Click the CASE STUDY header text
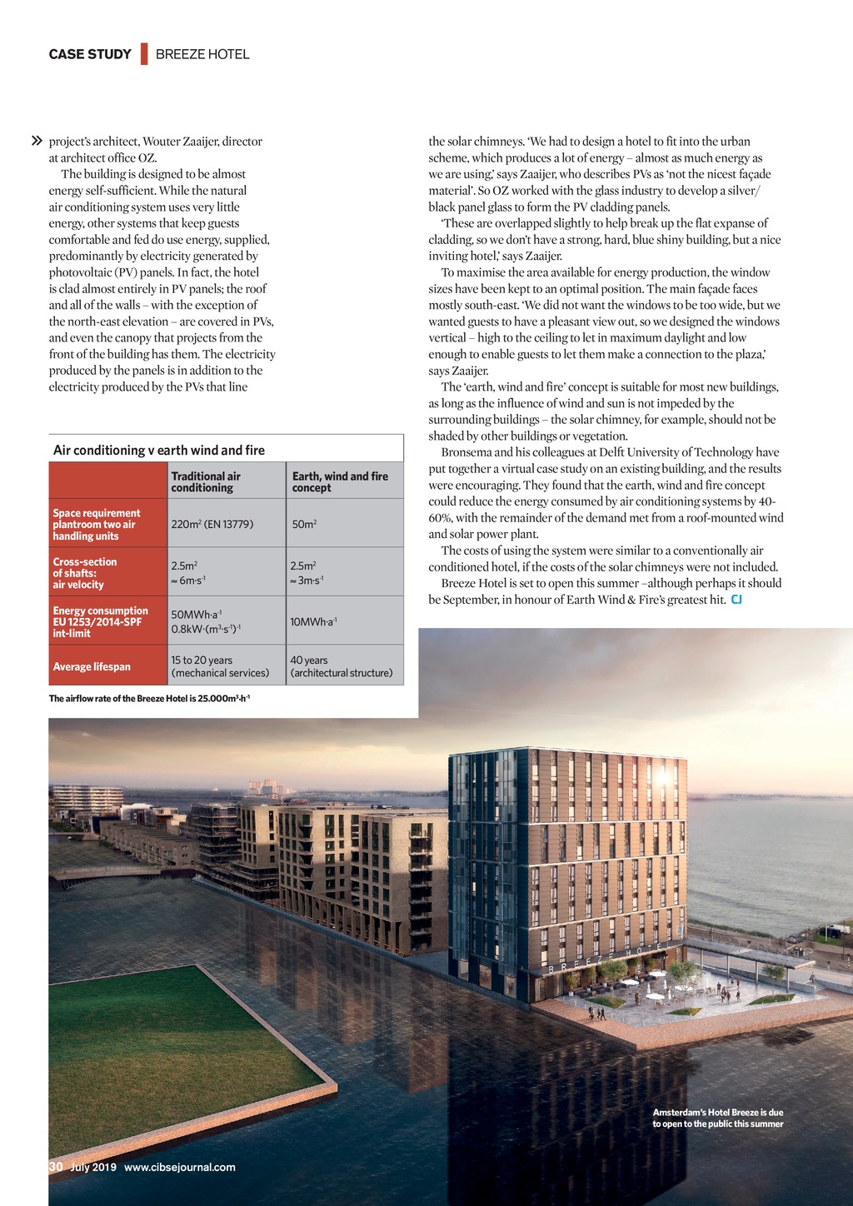pyautogui.click(x=90, y=54)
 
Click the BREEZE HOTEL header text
pyautogui.click(x=202, y=54)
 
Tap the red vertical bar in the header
pyautogui.click(x=144, y=53)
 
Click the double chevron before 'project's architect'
pyautogui.click(x=37, y=142)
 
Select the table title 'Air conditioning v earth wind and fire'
pyautogui.click(x=159, y=450)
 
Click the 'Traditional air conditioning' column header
pyautogui.click(x=206, y=481)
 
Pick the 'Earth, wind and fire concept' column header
pyautogui.click(x=340, y=481)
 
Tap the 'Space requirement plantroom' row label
pyautogui.click(x=97, y=524)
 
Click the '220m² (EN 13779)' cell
pyautogui.click(x=212, y=524)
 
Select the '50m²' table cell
pyautogui.click(x=304, y=524)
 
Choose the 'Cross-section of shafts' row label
pyautogui.click(x=85, y=573)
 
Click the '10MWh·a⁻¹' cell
pyautogui.click(x=313, y=621)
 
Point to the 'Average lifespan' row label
pyautogui.click(x=92, y=666)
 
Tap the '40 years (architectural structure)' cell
pyautogui.click(x=341, y=666)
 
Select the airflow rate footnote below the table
pyautogui.click(x=149, y=698)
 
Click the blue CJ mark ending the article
pyautogui.click(x=736, y=600)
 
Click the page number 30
pyautogui.click(x=56, y=1167)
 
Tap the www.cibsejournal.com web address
pyautogui.click(x=179, y=1167)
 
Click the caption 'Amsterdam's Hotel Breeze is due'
pyautogui.click(x=718, y=1112)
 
